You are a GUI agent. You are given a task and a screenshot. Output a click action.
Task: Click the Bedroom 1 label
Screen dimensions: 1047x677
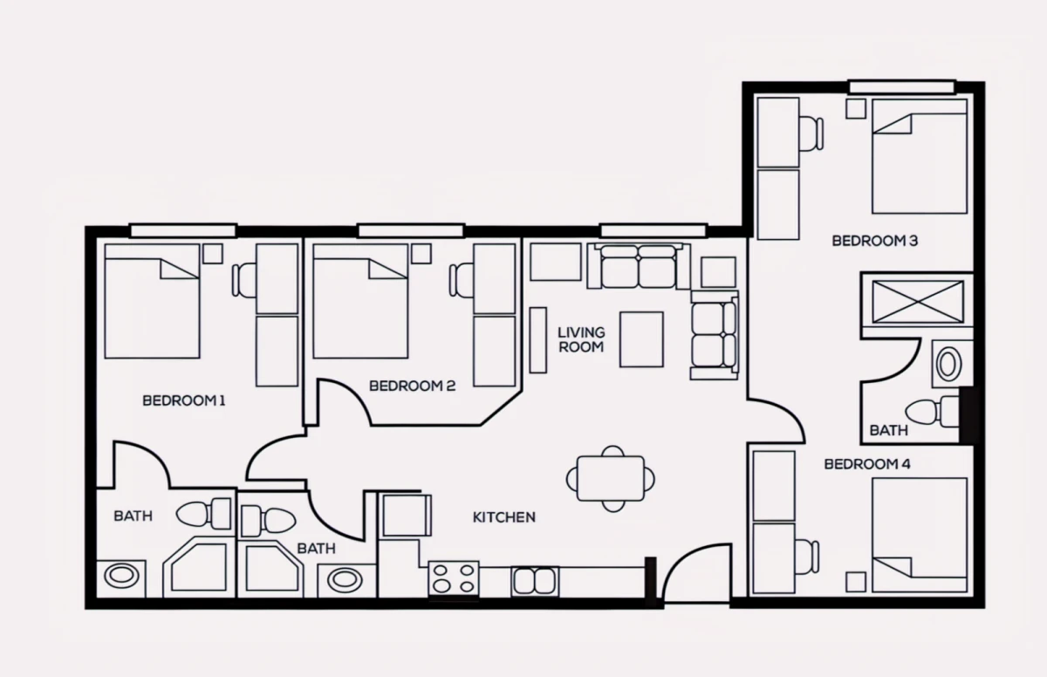pos(184,400)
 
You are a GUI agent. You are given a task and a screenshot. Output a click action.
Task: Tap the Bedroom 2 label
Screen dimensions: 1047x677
pos(412,386)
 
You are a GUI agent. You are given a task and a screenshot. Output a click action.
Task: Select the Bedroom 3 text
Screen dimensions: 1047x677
pos(875,241)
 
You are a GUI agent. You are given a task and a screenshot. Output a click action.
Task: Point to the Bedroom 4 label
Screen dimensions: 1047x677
pos(867,464)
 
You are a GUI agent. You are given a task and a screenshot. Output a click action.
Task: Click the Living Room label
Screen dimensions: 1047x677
pos(581,339)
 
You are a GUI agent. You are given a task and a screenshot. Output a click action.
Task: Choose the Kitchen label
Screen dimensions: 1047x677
pos(504,517)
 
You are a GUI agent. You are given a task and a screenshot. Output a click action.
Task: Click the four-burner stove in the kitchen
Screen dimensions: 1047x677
pos(454,579)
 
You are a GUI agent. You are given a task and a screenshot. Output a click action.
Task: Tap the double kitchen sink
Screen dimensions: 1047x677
pos(535,581)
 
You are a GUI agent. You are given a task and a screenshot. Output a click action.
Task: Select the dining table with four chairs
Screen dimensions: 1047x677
pos(611,478)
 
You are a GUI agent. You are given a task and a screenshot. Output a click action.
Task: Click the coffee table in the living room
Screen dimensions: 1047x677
pos(642,339)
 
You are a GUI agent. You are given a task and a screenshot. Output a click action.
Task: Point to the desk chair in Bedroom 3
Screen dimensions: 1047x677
pos(811,133)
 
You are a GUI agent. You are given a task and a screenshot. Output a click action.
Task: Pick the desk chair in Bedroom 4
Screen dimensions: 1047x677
pos(808,557)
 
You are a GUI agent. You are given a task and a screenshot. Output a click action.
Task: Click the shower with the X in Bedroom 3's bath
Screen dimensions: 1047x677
pos(918,301)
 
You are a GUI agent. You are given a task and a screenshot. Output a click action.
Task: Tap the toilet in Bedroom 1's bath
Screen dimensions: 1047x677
pos(204,514)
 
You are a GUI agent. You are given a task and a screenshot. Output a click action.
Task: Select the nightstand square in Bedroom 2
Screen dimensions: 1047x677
pos(421,254)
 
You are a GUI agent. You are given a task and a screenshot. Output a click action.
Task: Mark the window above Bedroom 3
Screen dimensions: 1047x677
pos(901,87)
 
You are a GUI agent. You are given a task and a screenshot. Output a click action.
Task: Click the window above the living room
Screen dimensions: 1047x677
pos(654,230)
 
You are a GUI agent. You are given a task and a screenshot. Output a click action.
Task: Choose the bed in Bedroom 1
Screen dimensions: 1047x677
pos(153,301)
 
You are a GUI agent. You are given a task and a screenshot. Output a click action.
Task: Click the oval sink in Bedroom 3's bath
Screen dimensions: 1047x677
pos(948,365)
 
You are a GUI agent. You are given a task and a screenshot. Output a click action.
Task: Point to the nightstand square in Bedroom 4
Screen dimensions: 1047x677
pos(856,582)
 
